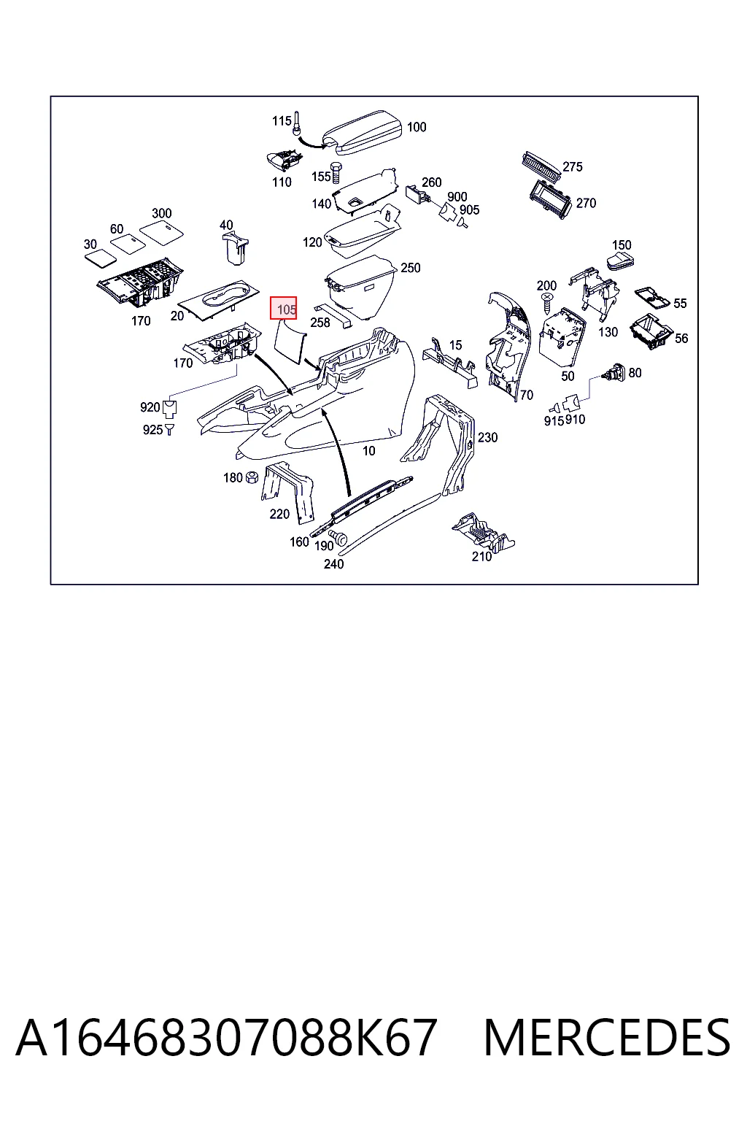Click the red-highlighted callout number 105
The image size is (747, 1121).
point(284,308)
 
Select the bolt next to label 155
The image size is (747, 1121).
point(336,173)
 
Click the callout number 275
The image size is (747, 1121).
point(573,166)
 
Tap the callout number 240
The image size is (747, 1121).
point(333,564)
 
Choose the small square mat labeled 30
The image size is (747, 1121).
point(101,256)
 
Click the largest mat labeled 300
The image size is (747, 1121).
point(162,232)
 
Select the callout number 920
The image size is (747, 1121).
point(150,407)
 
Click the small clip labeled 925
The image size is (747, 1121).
point(170,429)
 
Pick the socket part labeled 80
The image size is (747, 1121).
point(616,373)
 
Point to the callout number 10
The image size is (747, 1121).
point(368,451)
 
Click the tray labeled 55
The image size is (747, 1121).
point(652,298)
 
